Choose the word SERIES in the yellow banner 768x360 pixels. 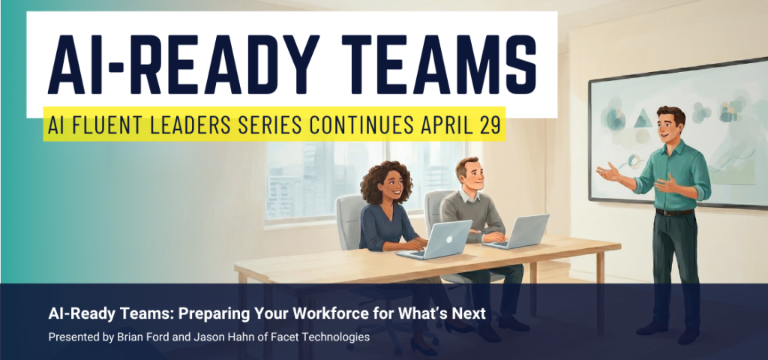tap(268, 125)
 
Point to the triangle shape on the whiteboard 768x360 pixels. tap(643, 118)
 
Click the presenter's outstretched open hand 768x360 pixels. tap(608, 172)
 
